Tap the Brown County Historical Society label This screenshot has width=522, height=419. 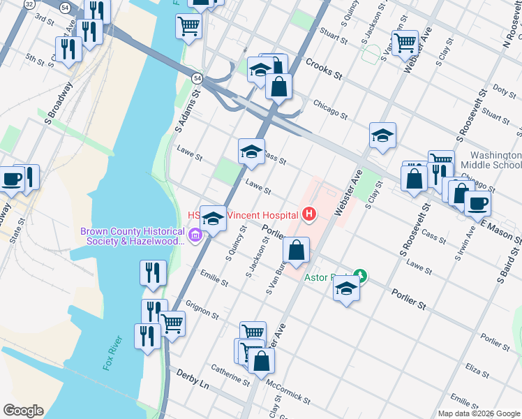tap(133, 236)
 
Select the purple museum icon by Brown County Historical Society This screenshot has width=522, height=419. tap(195, 236)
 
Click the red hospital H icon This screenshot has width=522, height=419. tap(308, 214)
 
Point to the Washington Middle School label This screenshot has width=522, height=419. tap(486, 160)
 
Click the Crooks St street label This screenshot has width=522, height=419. tap(323, 68)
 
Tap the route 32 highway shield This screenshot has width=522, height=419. tap(29, 3)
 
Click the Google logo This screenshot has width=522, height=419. tap(23, 410)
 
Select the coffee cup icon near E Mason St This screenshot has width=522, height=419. tap(477, 203)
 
